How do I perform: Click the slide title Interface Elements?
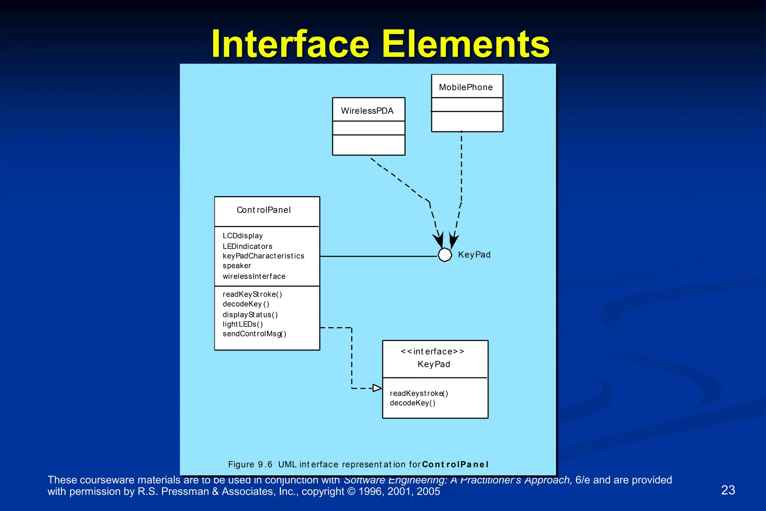point(380,44)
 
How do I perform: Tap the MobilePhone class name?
point(466,87)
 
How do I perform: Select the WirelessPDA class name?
point(367,111)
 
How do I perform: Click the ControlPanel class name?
point(264,210)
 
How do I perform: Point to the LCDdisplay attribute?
point(243,236)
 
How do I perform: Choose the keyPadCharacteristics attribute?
point(263,256)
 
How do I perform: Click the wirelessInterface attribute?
point(254,276)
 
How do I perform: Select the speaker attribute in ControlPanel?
point(237,266)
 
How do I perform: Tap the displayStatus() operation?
point(250,315)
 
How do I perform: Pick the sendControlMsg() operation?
point(254,334)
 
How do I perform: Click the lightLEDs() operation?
point(243,324)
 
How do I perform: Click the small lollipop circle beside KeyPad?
point(445,255)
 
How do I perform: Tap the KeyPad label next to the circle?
point(474,255)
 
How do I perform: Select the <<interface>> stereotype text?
point(432,352)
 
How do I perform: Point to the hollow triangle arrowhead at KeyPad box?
point(377,388)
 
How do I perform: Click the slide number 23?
point(728,490)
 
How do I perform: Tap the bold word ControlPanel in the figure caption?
point(455,465)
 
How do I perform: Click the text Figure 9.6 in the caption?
point(250,465)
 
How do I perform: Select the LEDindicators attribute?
point(247,246)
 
